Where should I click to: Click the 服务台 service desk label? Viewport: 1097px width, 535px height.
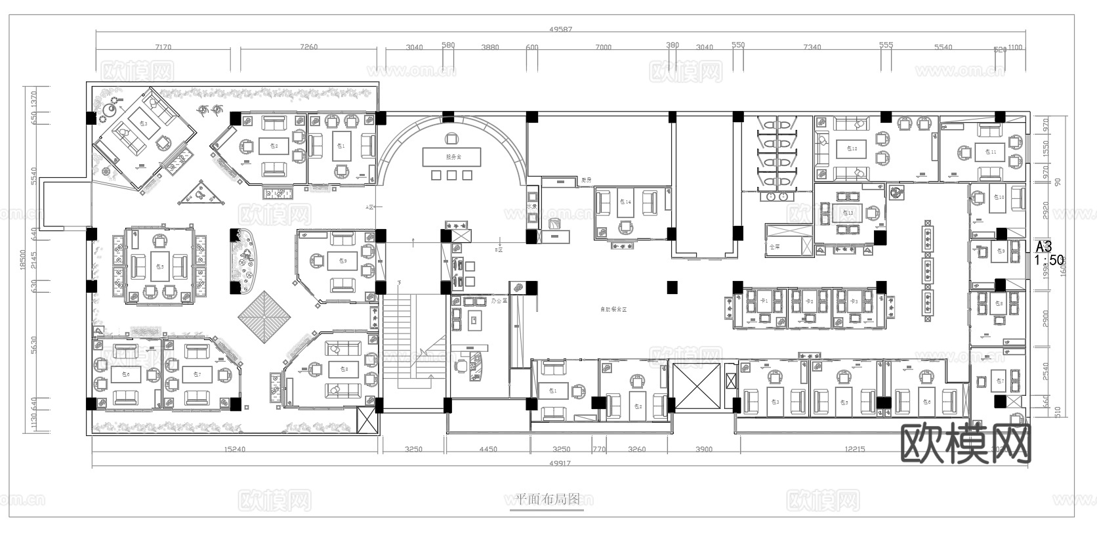click(451, 158)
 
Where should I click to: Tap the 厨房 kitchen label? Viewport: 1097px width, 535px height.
click(586, 179)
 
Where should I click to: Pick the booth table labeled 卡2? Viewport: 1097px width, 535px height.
click(810, 301)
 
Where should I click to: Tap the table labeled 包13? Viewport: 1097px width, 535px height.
click(850, 213)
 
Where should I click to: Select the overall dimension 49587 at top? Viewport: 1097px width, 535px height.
click(560, 29)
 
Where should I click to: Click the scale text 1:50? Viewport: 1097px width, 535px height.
click(1049, 260)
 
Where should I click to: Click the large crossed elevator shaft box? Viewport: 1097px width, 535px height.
click(695, 385)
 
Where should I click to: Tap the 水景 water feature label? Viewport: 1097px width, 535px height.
click(531, 206)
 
